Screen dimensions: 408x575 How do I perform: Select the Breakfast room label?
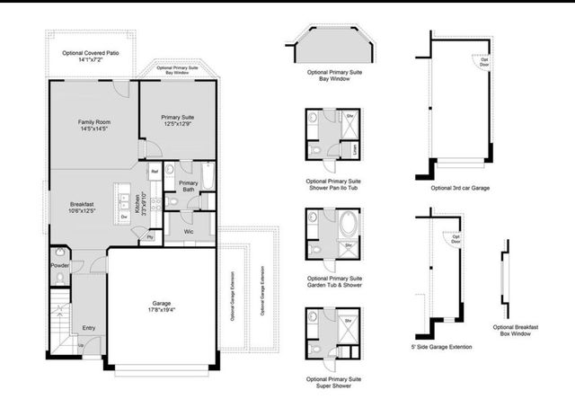click(x=82, y=208)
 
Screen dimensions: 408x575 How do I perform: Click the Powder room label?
click(x=59, y=266)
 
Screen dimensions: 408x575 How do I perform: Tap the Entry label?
click(x=89, y=328)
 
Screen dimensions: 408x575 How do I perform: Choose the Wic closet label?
click(x=189, y=232)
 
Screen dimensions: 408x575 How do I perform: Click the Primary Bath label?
click(x=188, y=185)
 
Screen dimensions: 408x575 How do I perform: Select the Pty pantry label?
click(x=148, y=236)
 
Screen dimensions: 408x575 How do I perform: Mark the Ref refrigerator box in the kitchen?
click(x=155, y=171)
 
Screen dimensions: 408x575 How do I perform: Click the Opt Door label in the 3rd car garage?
click(x=484, y=61)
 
